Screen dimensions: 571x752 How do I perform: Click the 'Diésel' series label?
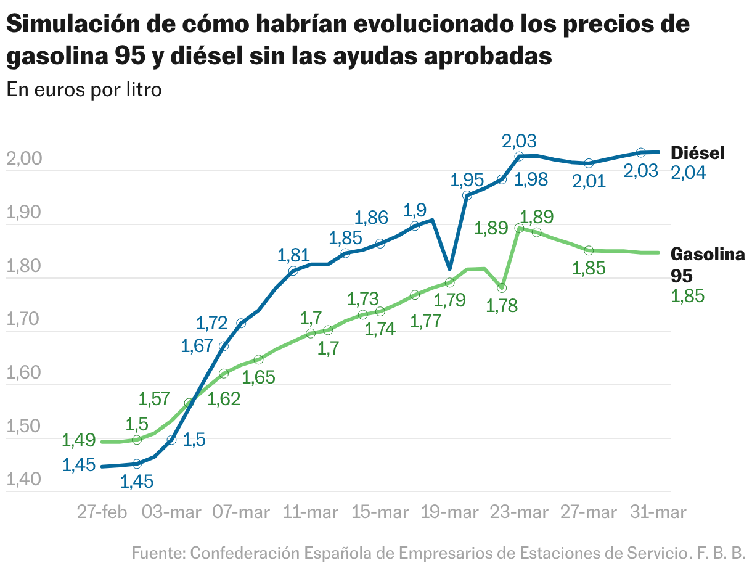tap(697, 153)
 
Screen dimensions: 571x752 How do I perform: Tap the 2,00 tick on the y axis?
tap(24, 160)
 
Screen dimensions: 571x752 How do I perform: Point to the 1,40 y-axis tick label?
tap(24, 480)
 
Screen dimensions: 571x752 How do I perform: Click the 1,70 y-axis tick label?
tap(24, 320)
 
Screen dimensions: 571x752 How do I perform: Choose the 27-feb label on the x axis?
tap(103, 512)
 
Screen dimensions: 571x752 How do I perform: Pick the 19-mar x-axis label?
tap(450, 512)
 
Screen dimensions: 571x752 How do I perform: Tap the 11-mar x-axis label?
tap(311, 512)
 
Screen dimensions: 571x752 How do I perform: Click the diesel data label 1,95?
tap(467, 180)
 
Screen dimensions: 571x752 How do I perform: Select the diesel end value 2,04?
tap(688, 173)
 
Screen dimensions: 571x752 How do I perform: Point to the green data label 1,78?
tap(502, 305)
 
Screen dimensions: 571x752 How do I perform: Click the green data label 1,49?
tap(78, 440)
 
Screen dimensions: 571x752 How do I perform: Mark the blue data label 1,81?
tap(293, 255)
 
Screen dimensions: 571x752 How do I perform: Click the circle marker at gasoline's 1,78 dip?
tap(502, 288)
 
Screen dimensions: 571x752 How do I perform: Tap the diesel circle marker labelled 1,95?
tap(467, 195)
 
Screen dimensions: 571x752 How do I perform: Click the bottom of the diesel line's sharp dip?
tap(449, 269)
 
